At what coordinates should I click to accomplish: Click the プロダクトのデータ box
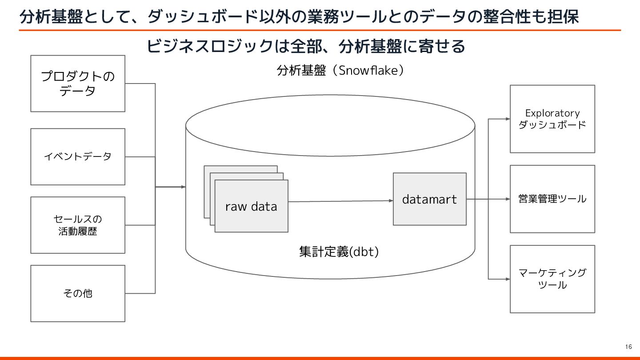(78, 84)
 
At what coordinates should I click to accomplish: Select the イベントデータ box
(78, 156)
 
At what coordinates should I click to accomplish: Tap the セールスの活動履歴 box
(78, 225)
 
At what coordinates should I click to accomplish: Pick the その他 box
(78, 293)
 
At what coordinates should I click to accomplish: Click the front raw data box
(251, 206)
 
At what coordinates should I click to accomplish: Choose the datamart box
(429, 199)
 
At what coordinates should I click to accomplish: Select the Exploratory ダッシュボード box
(552, 119)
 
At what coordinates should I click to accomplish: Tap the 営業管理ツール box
(552, 199)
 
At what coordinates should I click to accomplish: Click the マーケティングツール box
(552, 279)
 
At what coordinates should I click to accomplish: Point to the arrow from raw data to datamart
(340, 201)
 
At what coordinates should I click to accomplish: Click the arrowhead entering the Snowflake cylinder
(183, 187)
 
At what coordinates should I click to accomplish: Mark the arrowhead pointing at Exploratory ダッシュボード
(507, 119)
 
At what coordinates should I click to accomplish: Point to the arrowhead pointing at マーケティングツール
(507, 279)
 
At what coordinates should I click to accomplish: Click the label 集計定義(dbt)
(339, 252)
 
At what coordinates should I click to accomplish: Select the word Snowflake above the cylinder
(368, 70)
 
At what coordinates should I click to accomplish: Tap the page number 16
(628, 347)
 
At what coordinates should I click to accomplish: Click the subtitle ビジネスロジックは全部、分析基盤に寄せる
(305, 46)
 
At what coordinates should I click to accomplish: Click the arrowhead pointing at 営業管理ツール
(507, 199)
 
